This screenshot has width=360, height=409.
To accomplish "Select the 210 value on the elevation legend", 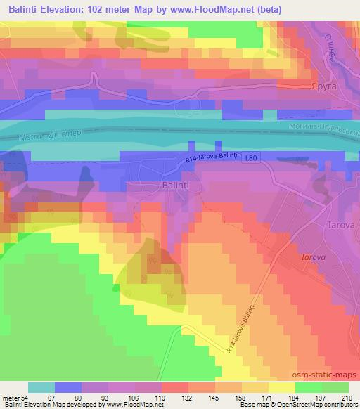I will tap(347, 398).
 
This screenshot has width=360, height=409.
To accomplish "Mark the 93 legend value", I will tap(105, 398).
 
